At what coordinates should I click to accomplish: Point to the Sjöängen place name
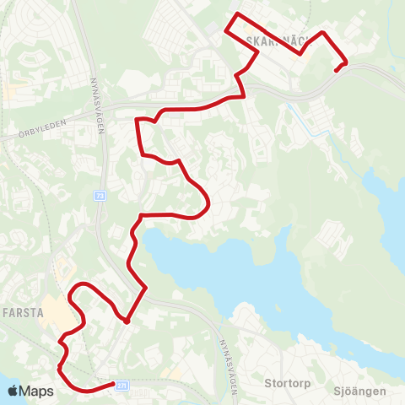pyautogui.click(x=359, y=391)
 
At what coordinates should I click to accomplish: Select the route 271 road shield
pyautogui.click(x=122, y=384)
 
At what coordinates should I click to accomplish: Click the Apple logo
pyautogui.click(x=13, y=391)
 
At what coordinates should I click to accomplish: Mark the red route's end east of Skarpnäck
pyautogui.click(x=337, y=70)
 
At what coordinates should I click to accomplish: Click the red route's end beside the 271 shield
pyautogui.click(x=112, y=385)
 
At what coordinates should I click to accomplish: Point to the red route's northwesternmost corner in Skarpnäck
pyautogui.click(x=226, y=32)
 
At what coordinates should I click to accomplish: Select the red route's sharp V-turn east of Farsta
pyautogui.click(x=126, y=321)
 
